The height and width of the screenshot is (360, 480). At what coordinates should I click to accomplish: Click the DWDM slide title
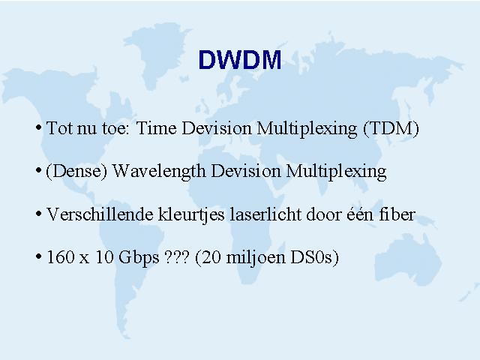pos(240,59)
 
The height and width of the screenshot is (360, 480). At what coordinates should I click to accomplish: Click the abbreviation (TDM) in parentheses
pos(391,128)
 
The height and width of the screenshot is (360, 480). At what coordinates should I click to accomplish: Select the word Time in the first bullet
pos(156,127)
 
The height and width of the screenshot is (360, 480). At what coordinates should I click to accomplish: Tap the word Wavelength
pos(159,172)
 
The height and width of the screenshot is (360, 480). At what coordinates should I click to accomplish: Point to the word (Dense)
pos(76,171)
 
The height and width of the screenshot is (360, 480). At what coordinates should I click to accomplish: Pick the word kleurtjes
pos(192,215)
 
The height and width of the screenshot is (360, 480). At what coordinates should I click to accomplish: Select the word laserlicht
pos(265,214)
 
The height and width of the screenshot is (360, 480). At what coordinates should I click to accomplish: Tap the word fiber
pos(397,214)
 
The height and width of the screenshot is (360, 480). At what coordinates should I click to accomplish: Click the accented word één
pos(360,214)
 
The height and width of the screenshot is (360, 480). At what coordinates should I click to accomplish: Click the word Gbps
pos(139,258)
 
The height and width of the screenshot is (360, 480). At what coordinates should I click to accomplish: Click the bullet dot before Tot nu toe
pos(38,127)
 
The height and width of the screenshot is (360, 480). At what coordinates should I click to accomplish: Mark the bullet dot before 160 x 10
pos(38,256)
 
